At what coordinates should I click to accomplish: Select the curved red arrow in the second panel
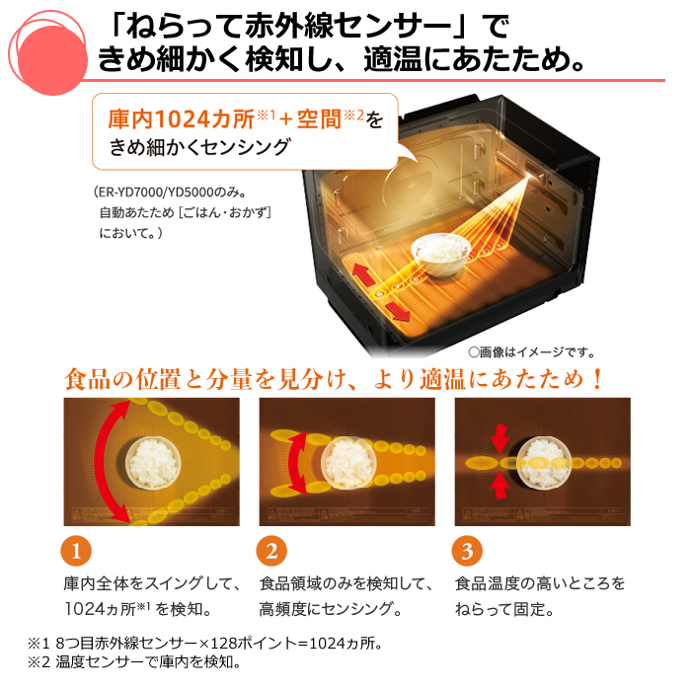click(295, 460)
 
